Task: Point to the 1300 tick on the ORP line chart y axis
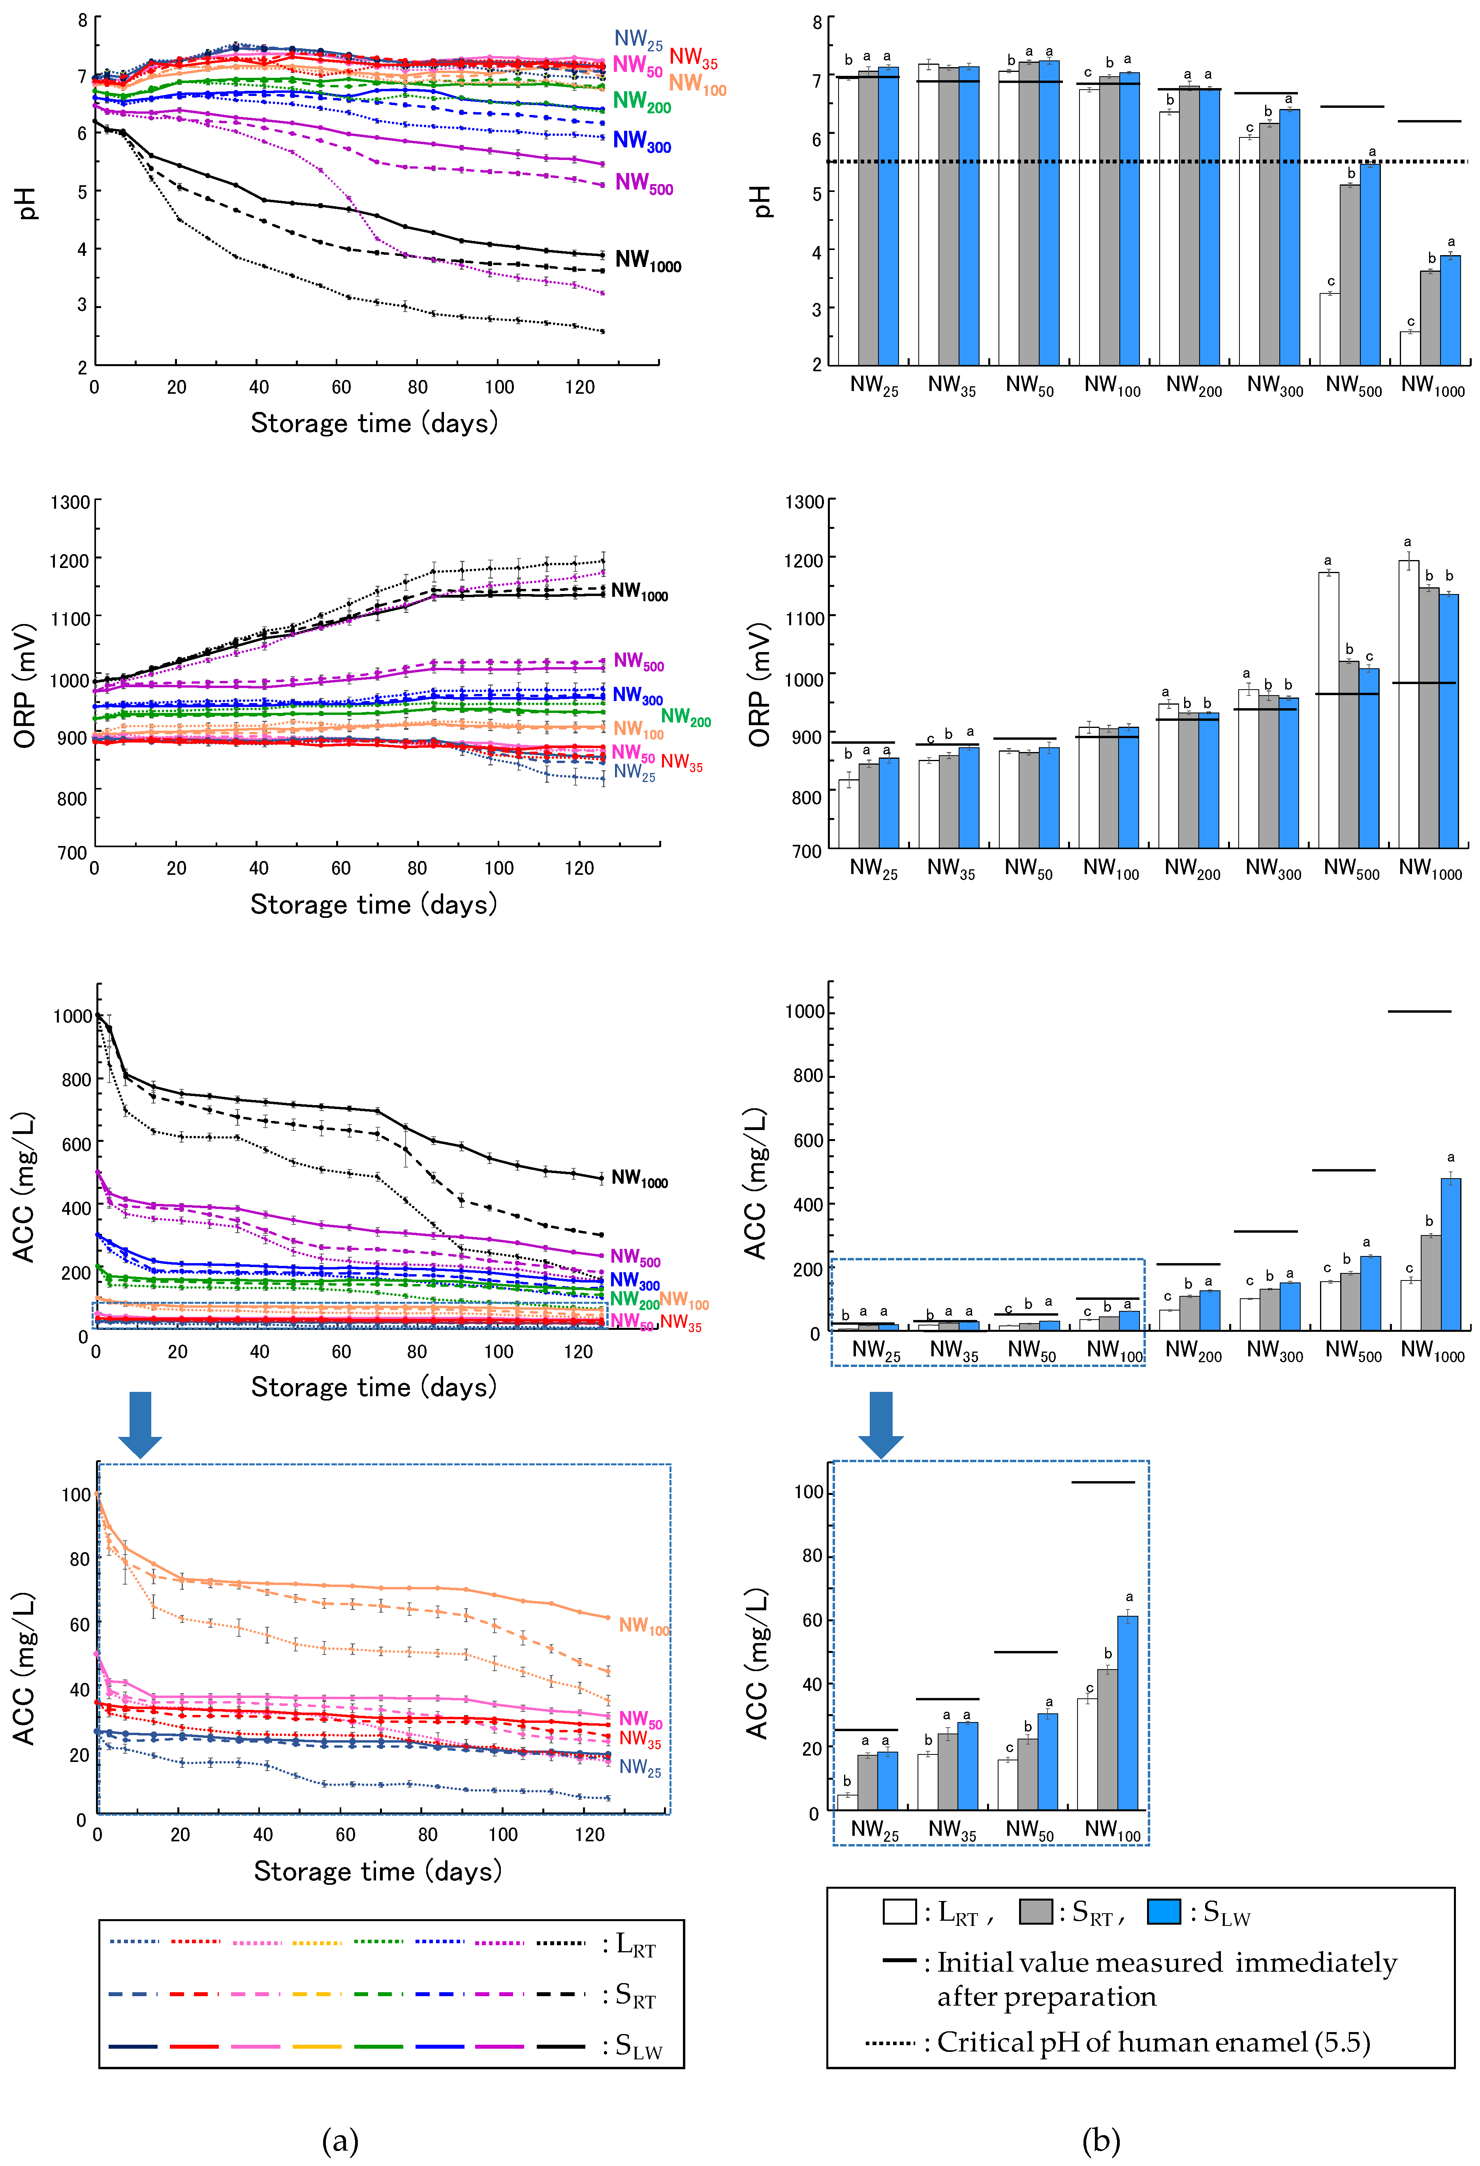pyautogui.click(x=71, y=502)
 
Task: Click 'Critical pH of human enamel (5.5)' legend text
pyautogui.click(x=1153, y=2043)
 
